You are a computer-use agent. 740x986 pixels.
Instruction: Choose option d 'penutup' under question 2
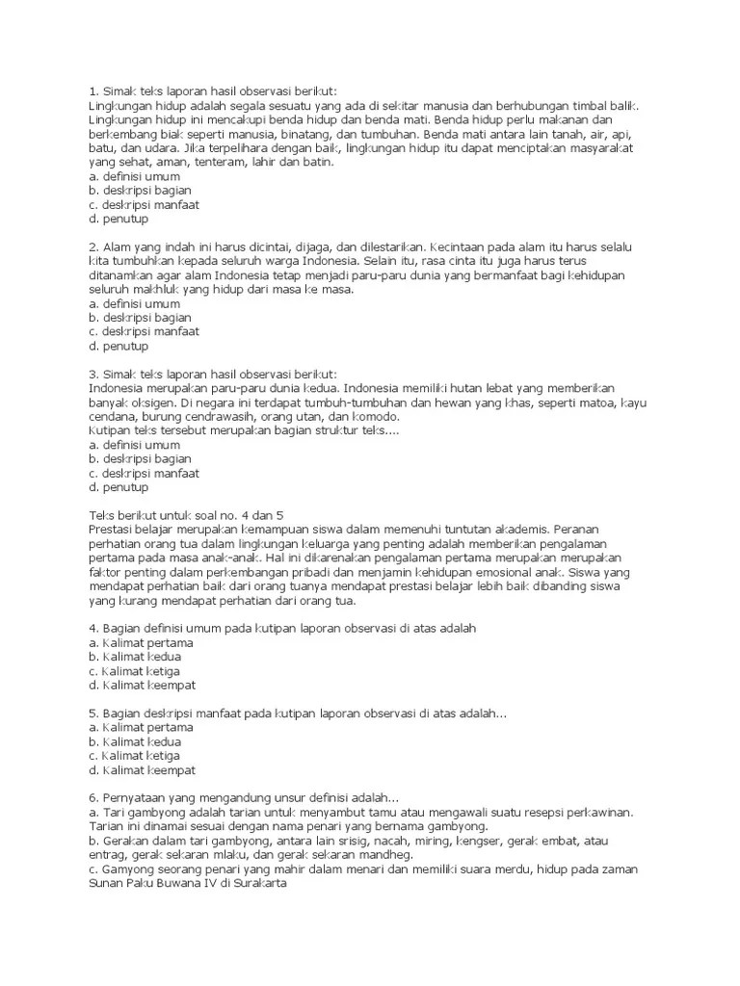pos(114,345)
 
